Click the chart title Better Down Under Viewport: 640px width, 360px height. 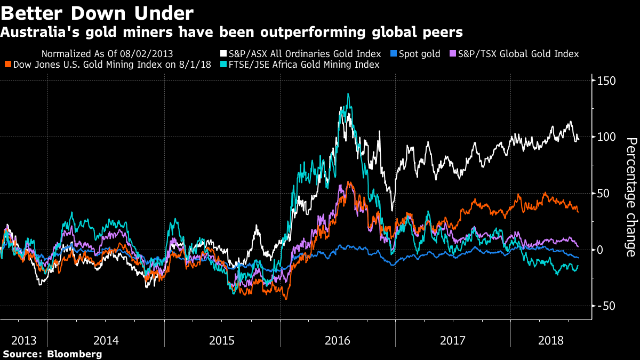98,13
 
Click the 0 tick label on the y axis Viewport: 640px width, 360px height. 600,249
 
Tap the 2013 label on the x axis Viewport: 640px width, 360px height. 25,340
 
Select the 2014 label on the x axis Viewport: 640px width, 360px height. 106,340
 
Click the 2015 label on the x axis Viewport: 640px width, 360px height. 222,340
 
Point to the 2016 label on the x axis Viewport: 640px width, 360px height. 339,340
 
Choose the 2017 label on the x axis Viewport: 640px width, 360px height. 453,340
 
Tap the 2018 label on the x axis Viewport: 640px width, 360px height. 551,340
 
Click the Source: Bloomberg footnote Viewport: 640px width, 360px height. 52,354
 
